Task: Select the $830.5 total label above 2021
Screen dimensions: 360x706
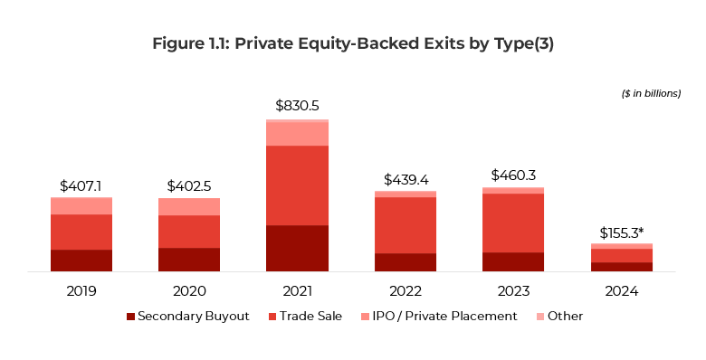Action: click(x=297, y=107)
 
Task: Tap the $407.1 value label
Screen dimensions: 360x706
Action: click(x=81, y=185)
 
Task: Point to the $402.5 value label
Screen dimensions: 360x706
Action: click(x=189, y=185)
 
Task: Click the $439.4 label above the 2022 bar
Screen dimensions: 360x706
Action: click(x=405, y=179)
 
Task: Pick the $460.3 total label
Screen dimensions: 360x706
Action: click(x=513, y=175)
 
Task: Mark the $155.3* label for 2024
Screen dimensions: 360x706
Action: click(x=622, y=232)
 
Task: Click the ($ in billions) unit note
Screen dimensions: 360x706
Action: click(x=651, y=93)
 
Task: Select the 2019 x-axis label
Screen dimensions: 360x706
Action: click(x=81, y=291)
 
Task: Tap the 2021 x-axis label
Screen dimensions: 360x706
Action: click(x=297, y=291)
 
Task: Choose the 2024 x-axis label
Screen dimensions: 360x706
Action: click(x=622, y=291)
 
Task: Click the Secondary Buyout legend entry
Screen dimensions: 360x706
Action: click(x=187, y=317)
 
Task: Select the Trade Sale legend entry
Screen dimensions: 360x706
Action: click(x=303, y=317)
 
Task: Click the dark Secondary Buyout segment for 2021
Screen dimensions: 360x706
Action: click(x=297, y=248)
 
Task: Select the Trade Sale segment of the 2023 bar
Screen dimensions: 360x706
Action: click(x=513, y=223)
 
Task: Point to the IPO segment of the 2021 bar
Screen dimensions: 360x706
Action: click(x=297, y=134)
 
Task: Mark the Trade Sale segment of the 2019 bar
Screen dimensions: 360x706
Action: click(x=81, y=232)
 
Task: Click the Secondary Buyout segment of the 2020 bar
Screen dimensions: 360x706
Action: click(x=189, y=260)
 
